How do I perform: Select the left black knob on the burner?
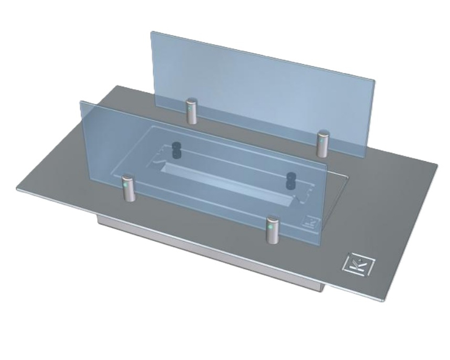(x=176, y=150)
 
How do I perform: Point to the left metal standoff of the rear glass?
(x=192, y=111)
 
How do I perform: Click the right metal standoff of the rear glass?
(x=323, y=143)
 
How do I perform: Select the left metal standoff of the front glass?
(x=128, y=187)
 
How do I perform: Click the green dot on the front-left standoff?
(x=124, y=183)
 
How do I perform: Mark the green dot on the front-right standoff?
(x=270, y=226)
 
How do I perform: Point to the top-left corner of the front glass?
(x=81, y=102)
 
